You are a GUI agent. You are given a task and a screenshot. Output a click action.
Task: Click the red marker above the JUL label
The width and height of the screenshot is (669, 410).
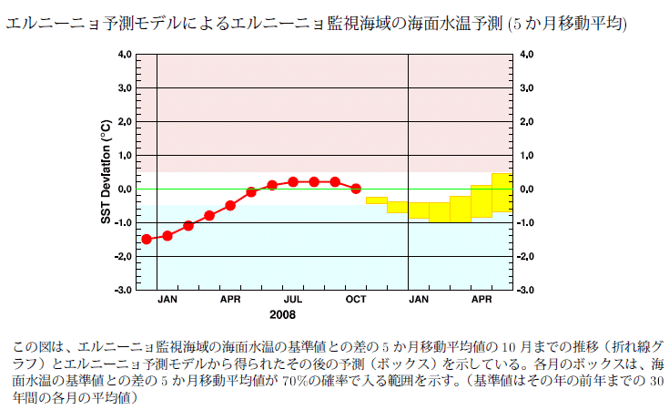click(x=293, y=182)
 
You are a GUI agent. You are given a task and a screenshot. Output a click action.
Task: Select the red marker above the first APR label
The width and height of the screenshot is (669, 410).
click(x=230, y=205)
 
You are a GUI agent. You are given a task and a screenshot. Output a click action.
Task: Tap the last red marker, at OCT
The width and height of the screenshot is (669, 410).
click(x=356, y=189)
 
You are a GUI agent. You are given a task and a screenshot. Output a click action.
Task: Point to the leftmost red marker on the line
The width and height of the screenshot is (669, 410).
click(x=147, y=239)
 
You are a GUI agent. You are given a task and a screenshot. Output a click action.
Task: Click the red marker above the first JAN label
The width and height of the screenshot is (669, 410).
click(x=167, y=236)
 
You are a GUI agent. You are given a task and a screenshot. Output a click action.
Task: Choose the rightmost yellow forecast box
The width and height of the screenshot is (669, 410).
click(x=502, y=192)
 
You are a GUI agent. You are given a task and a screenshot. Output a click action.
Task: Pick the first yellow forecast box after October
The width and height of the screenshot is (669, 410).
click(x=376, y=200)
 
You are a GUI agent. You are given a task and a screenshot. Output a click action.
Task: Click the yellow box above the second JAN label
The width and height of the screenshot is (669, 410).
click(x=418, y=210)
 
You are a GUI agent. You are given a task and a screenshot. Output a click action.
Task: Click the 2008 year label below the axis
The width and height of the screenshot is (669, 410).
click(x=283, y=314)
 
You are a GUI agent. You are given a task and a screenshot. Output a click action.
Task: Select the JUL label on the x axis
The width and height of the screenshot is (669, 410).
click(x=293, y=298)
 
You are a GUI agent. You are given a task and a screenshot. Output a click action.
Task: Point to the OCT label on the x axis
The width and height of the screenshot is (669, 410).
click(x=356, y=298)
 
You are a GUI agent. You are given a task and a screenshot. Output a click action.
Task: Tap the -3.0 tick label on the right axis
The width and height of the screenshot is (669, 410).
click(x=526, y=290)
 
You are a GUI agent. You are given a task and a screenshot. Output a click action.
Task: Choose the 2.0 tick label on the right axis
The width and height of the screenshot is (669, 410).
click(x=526, y=122)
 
